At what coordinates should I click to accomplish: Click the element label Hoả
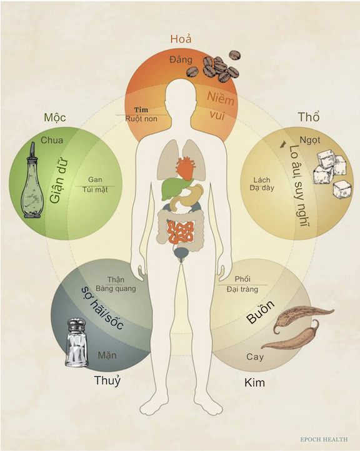(x=181, y=39)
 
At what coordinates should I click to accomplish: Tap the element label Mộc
(x=54, y=117)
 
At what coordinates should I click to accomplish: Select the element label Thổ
(x=309, y=117)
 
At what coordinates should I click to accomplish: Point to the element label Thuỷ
(x=107, y=381)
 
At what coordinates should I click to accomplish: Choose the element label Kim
(x=254, y=383)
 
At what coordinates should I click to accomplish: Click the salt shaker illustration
(x=76, y=342)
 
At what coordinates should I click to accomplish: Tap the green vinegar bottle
(x=32, y=181)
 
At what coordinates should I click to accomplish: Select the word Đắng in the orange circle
(x=181, y=59)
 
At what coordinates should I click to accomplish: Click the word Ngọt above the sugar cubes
(x=310, y=141)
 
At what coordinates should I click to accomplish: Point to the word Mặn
(x=107, y=355)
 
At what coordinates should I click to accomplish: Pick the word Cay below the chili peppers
(x=255, y=357)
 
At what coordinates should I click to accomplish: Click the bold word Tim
(x=141, y=109)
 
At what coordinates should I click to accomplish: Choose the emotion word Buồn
(x=261, y=312)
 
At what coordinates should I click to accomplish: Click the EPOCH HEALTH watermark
(x=324, y=440)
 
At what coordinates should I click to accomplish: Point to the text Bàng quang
(x=116, y=289)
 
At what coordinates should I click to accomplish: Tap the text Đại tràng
(x=242, y=289)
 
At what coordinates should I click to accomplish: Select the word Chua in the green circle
(x=52, y=140)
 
